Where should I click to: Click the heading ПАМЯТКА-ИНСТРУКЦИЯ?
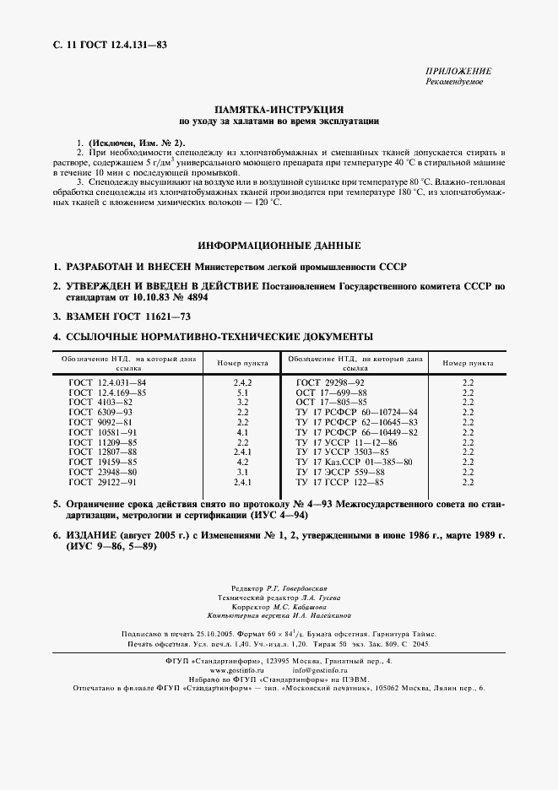[x=279, y=110]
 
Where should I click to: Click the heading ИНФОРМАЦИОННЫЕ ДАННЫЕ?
[x=279, y=246]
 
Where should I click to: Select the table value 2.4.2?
[x=242, y=382]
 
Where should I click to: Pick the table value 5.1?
[x=242, y=393]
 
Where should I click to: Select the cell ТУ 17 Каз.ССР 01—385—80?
[x=354, y=462]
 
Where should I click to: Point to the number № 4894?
[x=187, y=298]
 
